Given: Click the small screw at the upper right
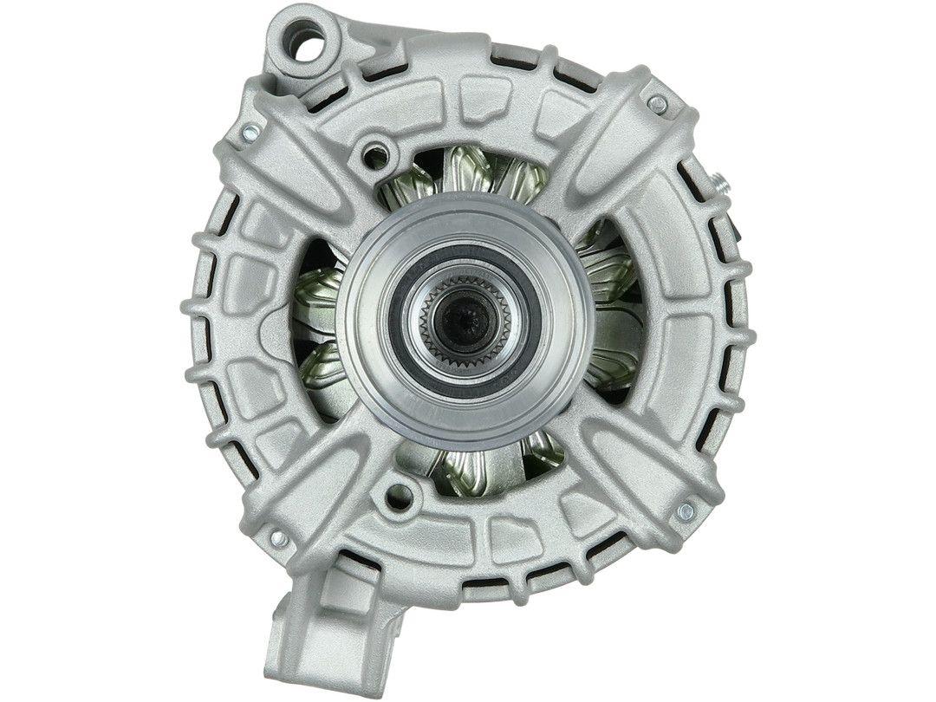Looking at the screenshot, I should click(657, 105).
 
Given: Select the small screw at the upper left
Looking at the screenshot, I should click(250, 132).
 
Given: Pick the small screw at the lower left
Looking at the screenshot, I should click(278, 539).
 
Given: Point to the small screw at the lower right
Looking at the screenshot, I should click(685, 510).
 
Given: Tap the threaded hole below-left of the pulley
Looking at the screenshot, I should click(400, 497).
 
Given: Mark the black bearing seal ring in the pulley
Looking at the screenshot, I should click(531, 321).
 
